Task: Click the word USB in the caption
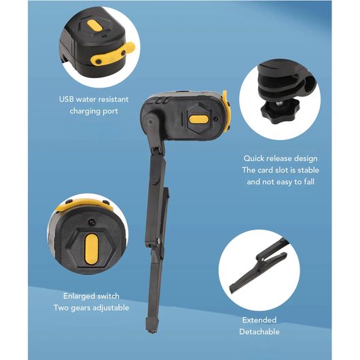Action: (67, 99)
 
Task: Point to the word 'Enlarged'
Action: (79, 296)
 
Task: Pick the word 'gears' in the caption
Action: (80, 308)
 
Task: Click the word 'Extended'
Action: (259, 320)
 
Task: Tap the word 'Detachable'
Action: (259, 331)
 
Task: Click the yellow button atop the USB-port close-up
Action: (95, 26)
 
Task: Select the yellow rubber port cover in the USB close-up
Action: (113, 54)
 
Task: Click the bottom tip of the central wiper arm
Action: (151, 331)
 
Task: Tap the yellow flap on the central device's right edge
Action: (226, 111)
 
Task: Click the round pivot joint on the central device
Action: (151, 121)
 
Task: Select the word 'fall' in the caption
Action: (309, 182)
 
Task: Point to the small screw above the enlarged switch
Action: (92, 222)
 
